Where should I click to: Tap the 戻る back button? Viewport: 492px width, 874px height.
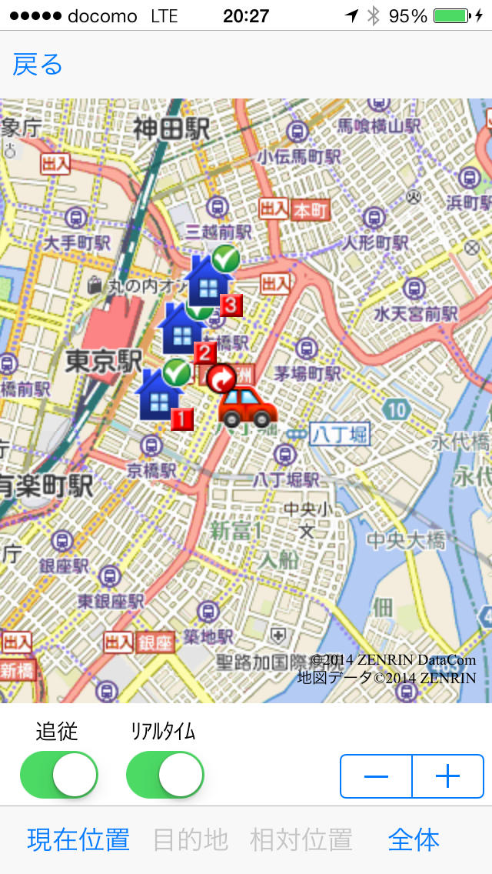point(38,65)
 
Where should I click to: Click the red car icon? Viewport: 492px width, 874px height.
point(247,407)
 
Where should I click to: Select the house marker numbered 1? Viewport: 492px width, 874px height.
point(159,394)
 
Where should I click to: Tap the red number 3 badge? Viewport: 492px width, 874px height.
point(231,305)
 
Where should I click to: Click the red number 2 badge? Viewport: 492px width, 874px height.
point(204,353)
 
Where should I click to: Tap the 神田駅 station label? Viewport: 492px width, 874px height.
point(171,128)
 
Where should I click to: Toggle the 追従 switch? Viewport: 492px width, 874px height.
point(59,775)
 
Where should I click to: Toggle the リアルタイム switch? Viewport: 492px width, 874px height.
point(165,775)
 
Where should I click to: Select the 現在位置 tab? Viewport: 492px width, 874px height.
point(78,839)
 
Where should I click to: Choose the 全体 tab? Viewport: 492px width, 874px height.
point(414,839)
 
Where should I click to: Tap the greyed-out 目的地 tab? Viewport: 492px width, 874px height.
point(191,839)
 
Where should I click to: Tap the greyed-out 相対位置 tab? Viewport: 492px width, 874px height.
point(301,839)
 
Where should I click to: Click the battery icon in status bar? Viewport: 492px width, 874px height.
point(450,15)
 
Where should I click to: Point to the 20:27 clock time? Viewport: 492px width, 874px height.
point(245,15)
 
